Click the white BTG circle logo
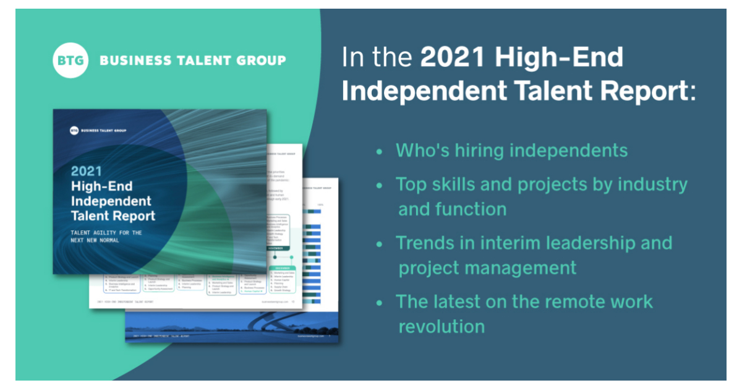pyautogui.click(x=70, y=60)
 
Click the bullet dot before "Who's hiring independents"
pyautogui.click(x=379, y=151)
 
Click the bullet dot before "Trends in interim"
pyautogui.click(x=379, y=243)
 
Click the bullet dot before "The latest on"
pyautogui.click(x=379, y=302)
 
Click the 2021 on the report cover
pyautogui.click(x=86, y=170)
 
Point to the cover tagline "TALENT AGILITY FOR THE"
pyautogui.click(x=106, y=233)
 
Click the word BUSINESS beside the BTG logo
pyautogui.click(x=129, y=60)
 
